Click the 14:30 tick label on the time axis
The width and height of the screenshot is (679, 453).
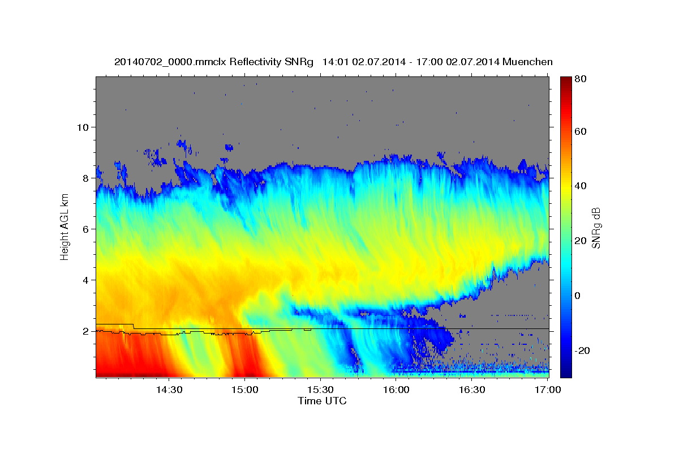(x=168, y=390)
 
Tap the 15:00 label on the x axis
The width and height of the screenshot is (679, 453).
(x=244, y=390)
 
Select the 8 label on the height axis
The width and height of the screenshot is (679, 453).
(x=84, y=178)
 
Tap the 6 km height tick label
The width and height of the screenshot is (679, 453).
(x=84, y=229)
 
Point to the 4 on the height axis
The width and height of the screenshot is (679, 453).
(x=84, y=280)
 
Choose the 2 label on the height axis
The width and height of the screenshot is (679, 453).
(x=84, y=331)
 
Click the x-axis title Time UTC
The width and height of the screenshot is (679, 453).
(x=322, y=401)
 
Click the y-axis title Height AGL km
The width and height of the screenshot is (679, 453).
(x=65, y=226)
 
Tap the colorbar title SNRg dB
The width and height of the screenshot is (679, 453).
(x=595, y=227)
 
